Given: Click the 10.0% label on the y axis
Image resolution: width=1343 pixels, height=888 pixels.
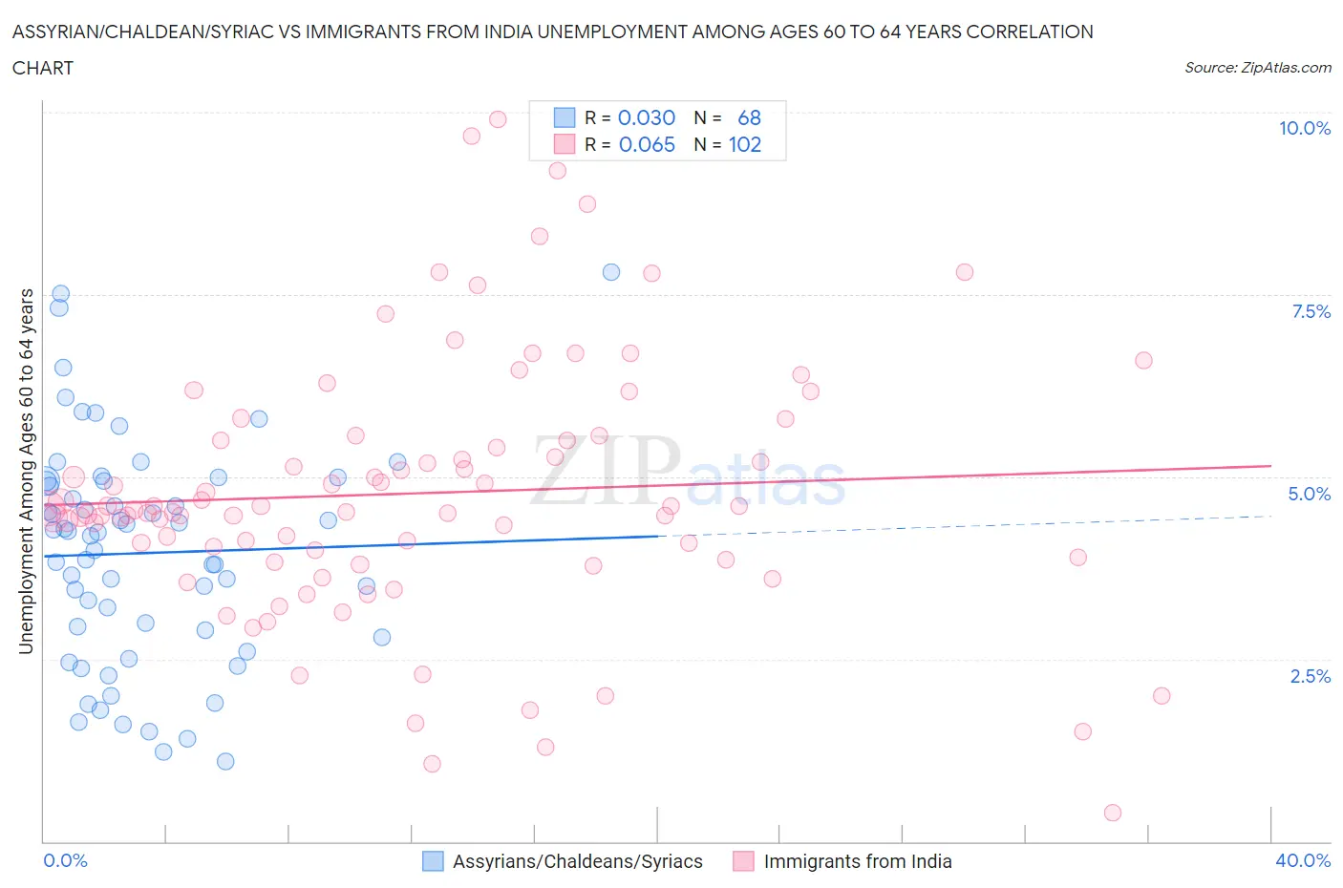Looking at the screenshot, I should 1304,128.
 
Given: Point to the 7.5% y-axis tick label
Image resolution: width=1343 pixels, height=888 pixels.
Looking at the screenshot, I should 1311,311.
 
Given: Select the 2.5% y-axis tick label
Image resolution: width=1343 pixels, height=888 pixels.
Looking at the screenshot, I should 1310,676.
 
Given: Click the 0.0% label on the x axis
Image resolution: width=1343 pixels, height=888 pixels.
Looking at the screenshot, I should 66,860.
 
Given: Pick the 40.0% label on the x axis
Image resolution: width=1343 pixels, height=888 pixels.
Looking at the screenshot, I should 1303,860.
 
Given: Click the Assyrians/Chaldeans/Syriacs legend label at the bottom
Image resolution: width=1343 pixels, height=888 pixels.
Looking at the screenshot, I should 577,861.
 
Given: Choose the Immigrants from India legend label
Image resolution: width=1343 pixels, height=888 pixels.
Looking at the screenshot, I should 857,861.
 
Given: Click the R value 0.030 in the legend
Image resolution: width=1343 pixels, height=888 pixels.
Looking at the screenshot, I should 647,117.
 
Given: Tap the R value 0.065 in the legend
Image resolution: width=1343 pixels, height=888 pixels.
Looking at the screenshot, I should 647,144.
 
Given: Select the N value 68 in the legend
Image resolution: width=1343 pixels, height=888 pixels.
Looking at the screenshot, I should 749,117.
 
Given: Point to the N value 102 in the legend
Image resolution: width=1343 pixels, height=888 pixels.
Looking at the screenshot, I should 745,144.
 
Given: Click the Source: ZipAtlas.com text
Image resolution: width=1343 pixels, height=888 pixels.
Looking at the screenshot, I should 1257,67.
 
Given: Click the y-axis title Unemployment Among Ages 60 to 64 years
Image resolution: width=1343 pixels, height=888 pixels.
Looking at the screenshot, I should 26,471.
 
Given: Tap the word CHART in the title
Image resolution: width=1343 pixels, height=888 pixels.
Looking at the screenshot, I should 43,68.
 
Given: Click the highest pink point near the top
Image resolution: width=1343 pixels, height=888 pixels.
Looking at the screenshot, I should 498,119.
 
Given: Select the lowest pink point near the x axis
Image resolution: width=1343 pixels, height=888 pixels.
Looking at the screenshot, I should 1113,813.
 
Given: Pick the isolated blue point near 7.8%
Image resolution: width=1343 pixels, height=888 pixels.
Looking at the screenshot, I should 611,272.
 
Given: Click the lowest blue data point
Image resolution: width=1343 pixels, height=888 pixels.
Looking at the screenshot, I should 225,761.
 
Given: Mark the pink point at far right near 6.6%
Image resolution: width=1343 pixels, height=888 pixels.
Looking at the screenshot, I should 1143,360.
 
